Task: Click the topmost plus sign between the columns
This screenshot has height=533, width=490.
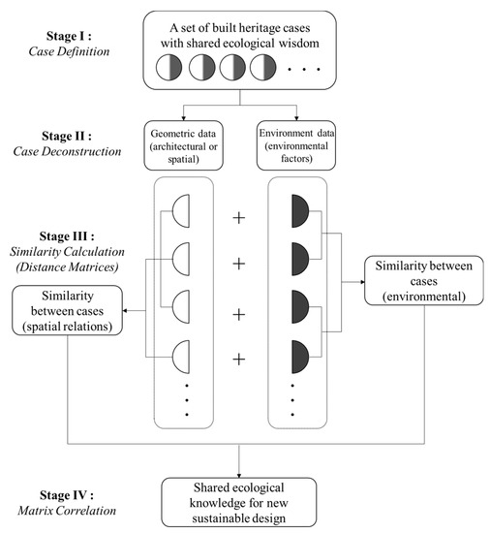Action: [x=240, y=217]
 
